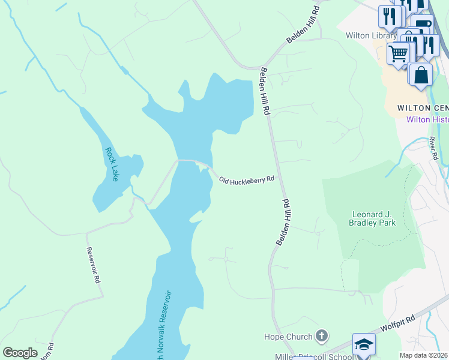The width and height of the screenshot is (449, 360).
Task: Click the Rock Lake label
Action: [112, 164]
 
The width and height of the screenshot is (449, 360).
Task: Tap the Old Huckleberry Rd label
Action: [247, 179]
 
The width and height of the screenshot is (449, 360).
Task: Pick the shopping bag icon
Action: [421, 75]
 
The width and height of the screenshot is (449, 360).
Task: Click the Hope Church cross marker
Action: [322, 336]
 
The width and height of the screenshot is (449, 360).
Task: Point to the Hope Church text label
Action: [288, 337]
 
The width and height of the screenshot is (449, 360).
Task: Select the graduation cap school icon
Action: [364, 344]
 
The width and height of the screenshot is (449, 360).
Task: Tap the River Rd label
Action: [433, 148]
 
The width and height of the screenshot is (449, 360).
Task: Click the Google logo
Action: [20, 353]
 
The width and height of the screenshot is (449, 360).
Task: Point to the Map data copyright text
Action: [424, 355]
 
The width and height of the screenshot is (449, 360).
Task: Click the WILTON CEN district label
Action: [423, 108]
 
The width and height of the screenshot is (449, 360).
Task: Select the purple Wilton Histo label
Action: [427, 119]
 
